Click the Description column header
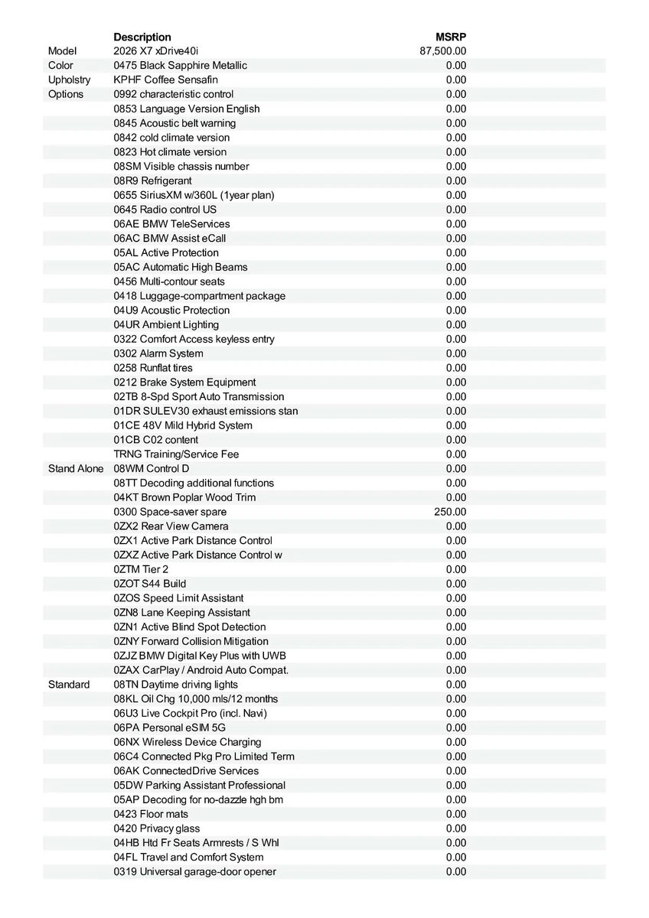point(142,37)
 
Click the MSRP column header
point(451,37)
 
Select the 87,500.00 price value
point(443,51)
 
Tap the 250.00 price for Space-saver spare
point(450,512)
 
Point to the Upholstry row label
point(69,80)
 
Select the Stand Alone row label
point(75,468)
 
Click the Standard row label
point(69,685)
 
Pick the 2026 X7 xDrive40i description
point(155,51)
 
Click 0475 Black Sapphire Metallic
point(180,66)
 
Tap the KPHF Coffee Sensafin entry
point(165,80)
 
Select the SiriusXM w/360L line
point(194,195)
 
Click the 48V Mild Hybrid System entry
point(183,425)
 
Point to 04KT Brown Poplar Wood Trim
point(184,497)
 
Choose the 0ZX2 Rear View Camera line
point(171,526)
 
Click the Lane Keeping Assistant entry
point(181,613)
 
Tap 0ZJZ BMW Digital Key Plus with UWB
point(200,656)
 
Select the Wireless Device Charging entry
point(188,742)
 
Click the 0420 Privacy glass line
point(157,828)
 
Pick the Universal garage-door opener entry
point(195,872)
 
